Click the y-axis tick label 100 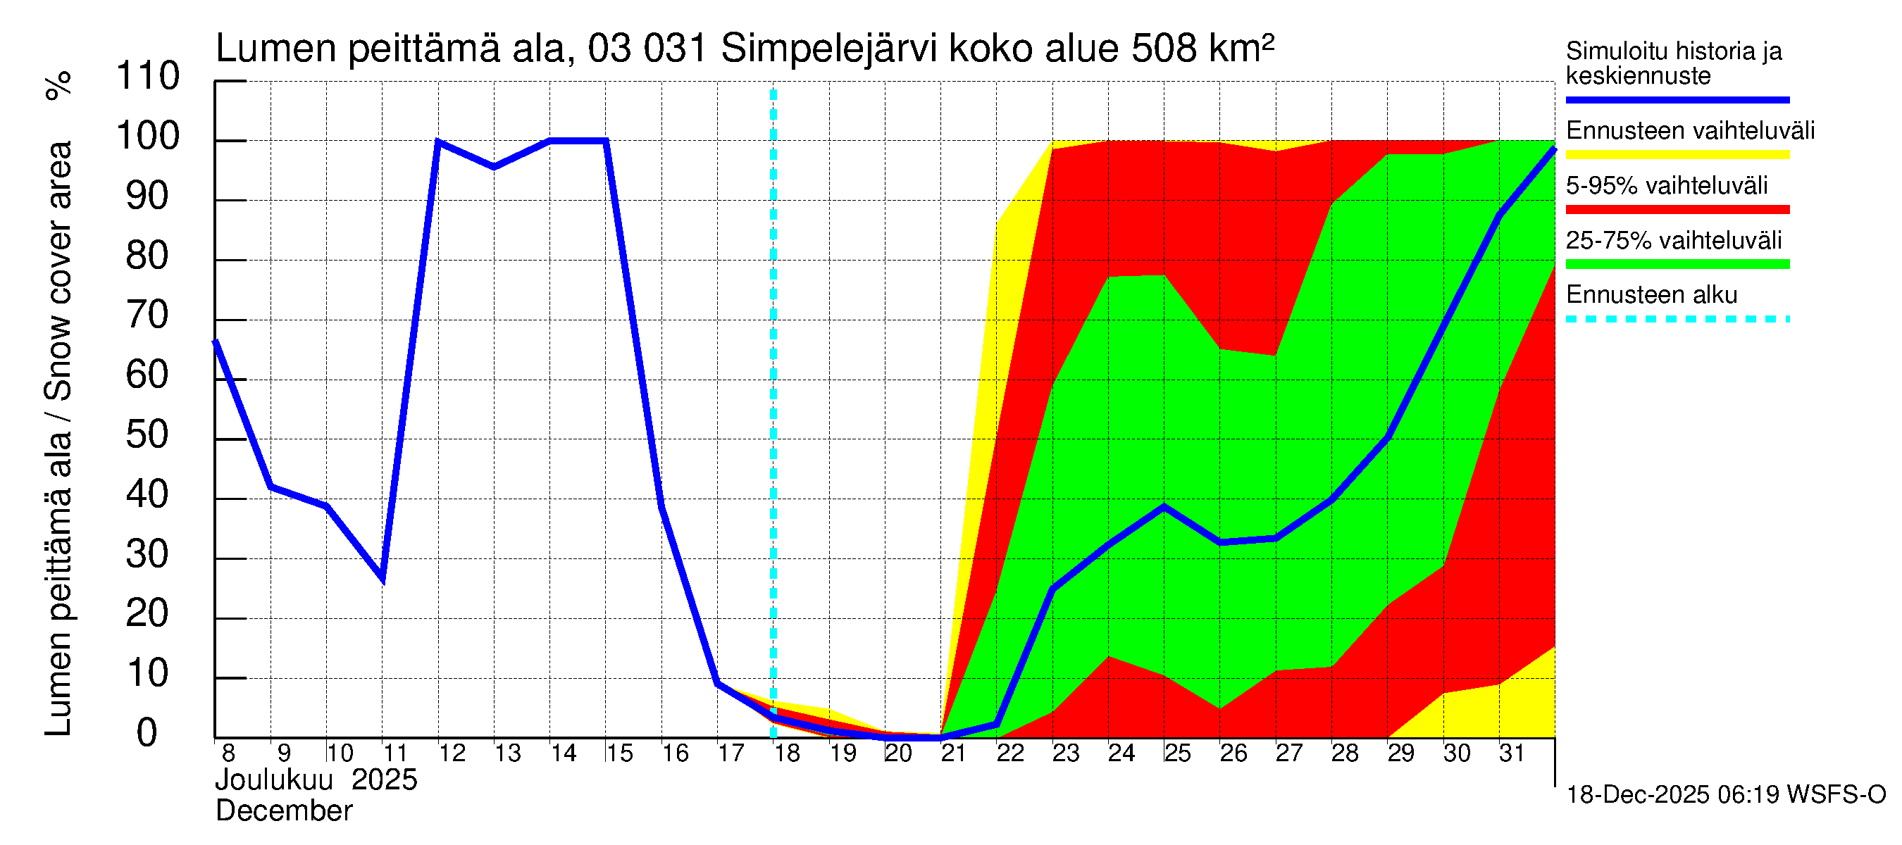(148, 137)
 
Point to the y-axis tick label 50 (148, 435)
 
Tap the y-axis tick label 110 (148, 77)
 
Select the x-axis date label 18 (787, 753)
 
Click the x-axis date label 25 (1178, 753)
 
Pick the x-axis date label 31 (1512, 753)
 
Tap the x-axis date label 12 (452, 753)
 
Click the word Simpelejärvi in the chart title (828, 49)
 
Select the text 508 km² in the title (1202, 49)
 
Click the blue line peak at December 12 (439, 141)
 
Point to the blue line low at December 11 (383, 580)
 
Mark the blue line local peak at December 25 (1164, 506)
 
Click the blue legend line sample (1677, 99)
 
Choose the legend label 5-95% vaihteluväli (1667, 185)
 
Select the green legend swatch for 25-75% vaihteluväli (1677, 264)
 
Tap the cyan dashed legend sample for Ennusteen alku (1677, 320)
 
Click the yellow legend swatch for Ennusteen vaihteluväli (1677, 155)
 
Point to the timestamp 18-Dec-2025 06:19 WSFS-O (1725, 795)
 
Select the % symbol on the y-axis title (59, 85)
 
